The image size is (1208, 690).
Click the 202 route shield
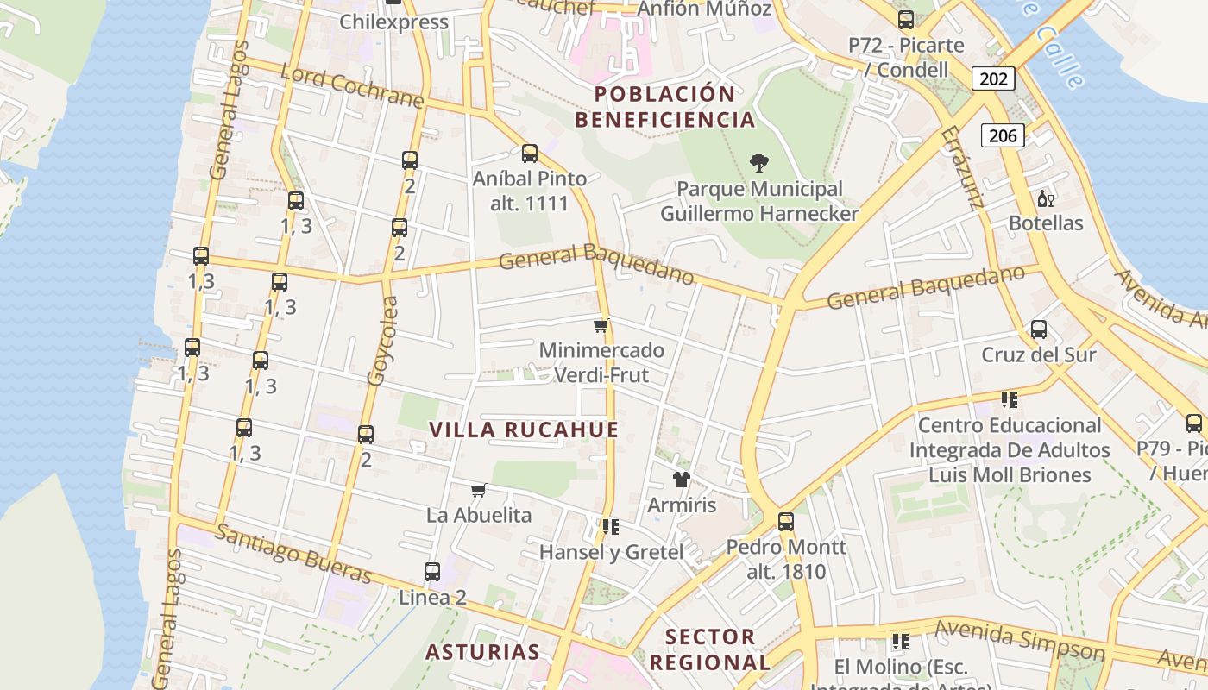pyautogui.click(x=993, y=78)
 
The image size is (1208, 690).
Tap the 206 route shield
pyautogui.click(x=1002, y=135)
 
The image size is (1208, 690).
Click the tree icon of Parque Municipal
pyautogui.click(x=759, y=162)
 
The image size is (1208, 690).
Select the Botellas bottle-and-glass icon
pyautogui.click(x=1045, y=198)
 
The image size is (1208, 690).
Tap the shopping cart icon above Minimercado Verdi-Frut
pyautogui.click(x=601, y=325)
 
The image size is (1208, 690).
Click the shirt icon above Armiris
pyautogui.click(x=682, y=479)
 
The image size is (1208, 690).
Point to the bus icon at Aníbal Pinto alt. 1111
pyautogui.click(x=530, y=154)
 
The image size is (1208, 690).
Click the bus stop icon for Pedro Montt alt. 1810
pyautogui.click(x=785, y=521)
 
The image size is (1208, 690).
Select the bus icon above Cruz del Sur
pyautogui.click(x=1039, y=329)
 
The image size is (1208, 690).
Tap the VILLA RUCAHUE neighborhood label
pyautogui.click(x=524, y=430)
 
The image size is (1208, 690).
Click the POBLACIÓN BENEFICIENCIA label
pyautogui.click(x=664, y=106)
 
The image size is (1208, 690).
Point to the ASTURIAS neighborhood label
pyautogui.click(x=482, y=651)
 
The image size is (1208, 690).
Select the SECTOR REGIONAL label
pyautogui.click(x=709, y=649)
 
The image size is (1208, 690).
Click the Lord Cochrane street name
pyautogui.click(x=352, y=85)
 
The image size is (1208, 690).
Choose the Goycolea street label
pyautogui.click(x=382, y=341)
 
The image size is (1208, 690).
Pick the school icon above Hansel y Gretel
pyautogui.click(x=610, y=526)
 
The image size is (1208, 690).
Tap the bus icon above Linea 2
pyautogui.click(x=432, y=571)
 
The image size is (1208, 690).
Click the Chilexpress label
pyautogui.click(x=393, y=22)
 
